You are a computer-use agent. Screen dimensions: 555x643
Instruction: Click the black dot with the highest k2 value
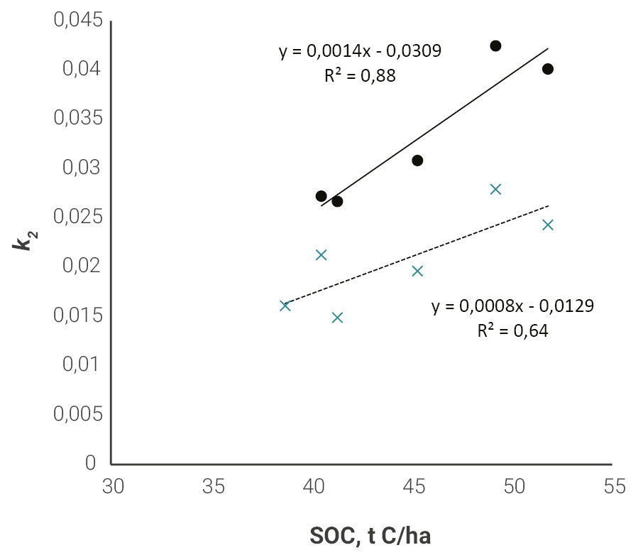pos(495,46)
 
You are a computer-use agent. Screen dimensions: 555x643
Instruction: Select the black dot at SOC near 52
pos(547,69)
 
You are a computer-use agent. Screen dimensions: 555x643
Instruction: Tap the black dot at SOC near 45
pos(417,161)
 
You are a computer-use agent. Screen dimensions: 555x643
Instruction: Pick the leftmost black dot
pos(321,196)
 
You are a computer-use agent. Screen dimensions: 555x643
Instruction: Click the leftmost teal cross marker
pos(285,306)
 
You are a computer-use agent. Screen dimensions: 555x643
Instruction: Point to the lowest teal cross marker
pos(337,317)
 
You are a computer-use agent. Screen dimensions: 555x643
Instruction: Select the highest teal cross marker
pos(495,189)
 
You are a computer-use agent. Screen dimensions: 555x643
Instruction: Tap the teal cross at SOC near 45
pos(417,271)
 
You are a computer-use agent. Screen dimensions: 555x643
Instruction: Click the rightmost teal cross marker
pos(547,225)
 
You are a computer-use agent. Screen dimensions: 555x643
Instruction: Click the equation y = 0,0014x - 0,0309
pos(360,51)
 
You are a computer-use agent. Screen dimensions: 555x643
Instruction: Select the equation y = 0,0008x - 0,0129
pos(512,307)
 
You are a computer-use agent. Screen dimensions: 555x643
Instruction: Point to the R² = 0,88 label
pos(360,75)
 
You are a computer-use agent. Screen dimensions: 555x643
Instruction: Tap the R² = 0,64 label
pos(512,330)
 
